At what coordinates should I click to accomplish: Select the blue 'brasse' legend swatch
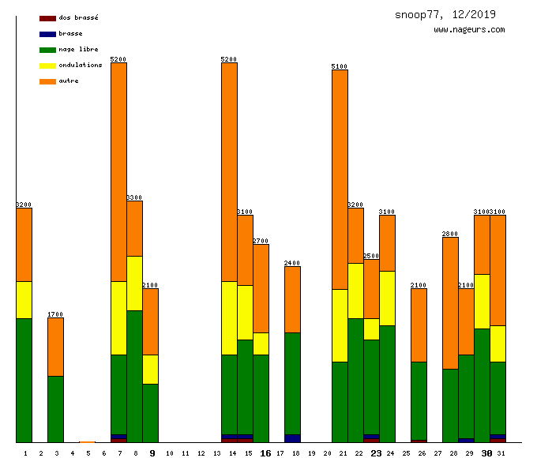point(47,34)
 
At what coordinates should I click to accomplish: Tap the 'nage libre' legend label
point(78,49)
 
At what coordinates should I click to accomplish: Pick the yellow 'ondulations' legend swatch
point(47,66)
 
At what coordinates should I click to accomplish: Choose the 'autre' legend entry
point(69,81)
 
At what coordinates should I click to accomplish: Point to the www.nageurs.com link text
point(469,30)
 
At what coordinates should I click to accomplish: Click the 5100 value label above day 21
point(340,66)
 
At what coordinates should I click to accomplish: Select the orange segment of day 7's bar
point(118,171)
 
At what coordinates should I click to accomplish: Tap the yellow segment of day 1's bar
point(24,299)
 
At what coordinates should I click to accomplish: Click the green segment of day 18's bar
point(292,383)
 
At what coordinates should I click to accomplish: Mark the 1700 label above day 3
point(55,314)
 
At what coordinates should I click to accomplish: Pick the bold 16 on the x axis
point(265,453)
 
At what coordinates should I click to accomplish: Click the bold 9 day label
point(152,453)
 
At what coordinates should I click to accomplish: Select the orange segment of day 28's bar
point(450,302)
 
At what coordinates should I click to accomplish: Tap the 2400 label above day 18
point(292,263)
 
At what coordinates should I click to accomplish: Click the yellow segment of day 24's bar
point(387,298)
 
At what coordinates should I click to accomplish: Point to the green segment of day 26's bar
point(419,400)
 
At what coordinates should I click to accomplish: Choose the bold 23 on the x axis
point(376,453)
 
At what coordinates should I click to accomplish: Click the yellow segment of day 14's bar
point(229,317)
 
